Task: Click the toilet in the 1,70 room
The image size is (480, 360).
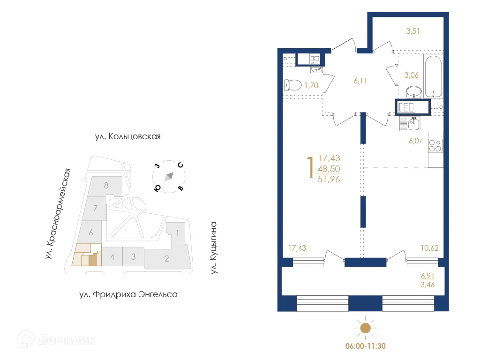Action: [292, 85]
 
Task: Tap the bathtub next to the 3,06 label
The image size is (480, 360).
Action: [433, 76]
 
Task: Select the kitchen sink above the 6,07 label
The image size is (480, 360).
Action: [413, 124]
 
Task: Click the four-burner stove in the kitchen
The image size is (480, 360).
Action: [435, 146]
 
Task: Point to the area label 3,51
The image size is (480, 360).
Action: [413, 32]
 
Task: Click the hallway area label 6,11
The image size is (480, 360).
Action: [360, 81]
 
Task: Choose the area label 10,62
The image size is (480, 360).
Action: [429, 248]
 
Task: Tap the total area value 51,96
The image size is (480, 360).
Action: [329, 179]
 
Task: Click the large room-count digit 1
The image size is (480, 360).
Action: [309, 168]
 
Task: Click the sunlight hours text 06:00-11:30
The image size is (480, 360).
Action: [365, 346]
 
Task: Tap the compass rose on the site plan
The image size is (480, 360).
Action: [169, 177]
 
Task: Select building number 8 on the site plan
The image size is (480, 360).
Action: [106, 185]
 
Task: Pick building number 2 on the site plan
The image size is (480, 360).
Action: [166, 258]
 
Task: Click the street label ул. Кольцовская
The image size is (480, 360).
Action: [127, 137]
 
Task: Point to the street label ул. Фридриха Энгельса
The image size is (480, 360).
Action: [128, 295]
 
